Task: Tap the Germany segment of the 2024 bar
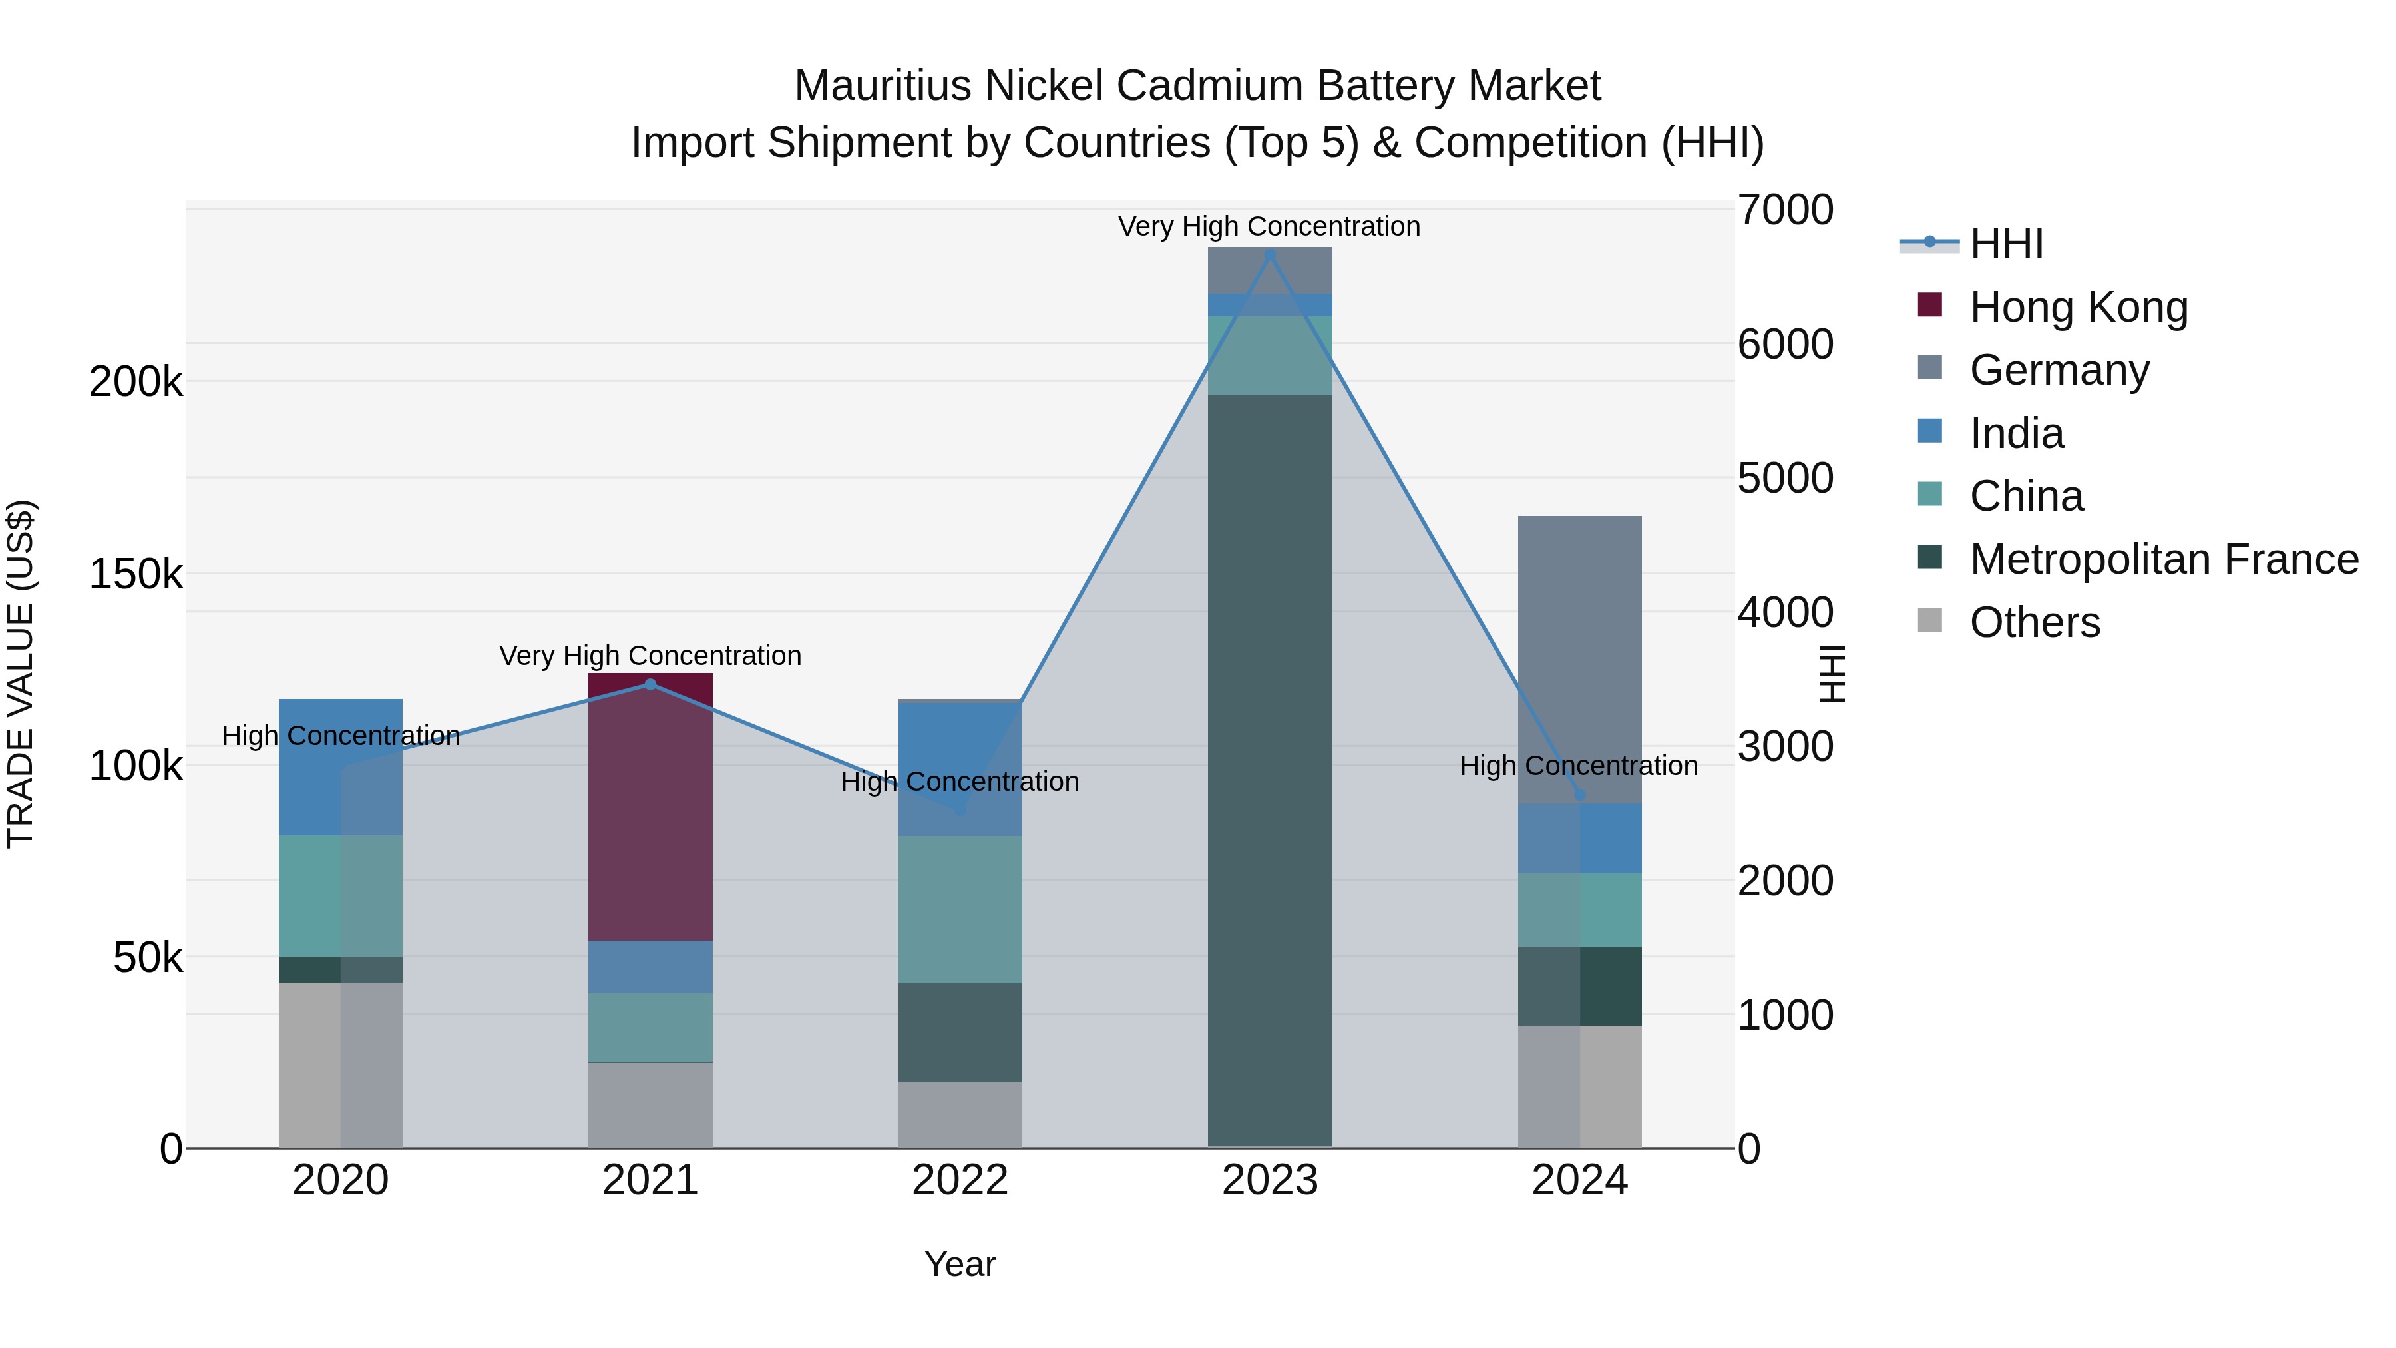click(1579, 660)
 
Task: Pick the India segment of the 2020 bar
click(340, 767)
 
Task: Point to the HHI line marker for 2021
click(650, 685)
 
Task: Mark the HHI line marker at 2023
click(1270, 254)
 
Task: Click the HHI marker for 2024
click(1579, 794)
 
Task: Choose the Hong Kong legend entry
click(2078, 307)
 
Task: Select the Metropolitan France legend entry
click(2164, 559)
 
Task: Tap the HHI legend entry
click(2006, 244)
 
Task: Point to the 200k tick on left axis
click(136, 381)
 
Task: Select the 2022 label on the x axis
click(960, 1180)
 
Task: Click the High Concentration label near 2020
click(340, 736)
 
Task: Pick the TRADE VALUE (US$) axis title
click(21, 674)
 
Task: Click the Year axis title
click(960, 1264)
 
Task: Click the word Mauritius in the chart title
click(884, 86)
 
